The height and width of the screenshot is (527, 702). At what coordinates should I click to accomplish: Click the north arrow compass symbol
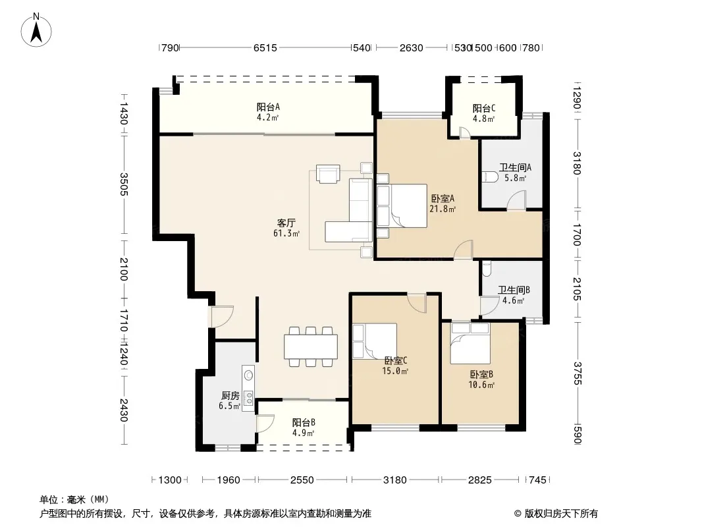click(x=36, y=30)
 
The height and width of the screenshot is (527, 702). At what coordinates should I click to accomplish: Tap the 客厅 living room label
click(x=286, y=223)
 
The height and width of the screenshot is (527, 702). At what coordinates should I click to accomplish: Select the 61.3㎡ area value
click(x=286, y=233)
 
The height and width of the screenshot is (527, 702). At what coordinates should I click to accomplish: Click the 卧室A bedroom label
click(x=443, y=198)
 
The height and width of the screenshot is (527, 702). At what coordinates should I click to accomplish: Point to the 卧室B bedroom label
click(x=481, y=374)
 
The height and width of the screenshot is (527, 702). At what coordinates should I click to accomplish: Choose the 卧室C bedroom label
click(x=396, y=360)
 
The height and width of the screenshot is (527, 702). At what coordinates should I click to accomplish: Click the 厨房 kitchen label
click(x=230, y=396)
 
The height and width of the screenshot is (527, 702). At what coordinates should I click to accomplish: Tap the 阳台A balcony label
click(x=268, y=107)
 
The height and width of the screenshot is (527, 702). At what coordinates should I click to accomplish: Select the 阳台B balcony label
click(x=304, y=422)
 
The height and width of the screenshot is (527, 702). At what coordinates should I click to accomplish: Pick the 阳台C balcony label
click(x=483, y=108)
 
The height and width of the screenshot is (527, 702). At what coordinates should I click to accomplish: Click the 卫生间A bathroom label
click(x=515, y=167)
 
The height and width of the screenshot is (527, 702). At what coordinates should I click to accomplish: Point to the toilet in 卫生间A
click(x=490, y=177)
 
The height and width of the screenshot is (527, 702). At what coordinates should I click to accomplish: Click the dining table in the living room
click(x=311, y=347)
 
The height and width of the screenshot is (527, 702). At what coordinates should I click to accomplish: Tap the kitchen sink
click(x=248, y=375)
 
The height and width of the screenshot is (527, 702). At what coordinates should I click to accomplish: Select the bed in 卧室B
click(x=470, y=343)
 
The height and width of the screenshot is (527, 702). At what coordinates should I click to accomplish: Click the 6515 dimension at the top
click(x=265, y=47)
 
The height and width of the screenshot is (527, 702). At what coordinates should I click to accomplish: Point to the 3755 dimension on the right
click(x=577, y=373)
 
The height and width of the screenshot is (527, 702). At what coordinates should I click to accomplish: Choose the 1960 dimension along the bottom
click(x=229, y=480)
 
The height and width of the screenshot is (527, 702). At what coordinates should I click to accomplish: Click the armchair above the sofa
click(x=328, y=174)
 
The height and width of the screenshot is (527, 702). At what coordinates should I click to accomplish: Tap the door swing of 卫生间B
click(x=486, y=306)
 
